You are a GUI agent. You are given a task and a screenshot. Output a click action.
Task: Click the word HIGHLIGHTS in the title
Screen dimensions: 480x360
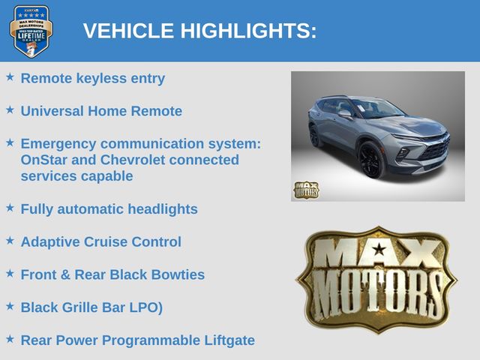point(248,31)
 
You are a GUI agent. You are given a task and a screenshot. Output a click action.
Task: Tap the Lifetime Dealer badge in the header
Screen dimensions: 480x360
point(31,31)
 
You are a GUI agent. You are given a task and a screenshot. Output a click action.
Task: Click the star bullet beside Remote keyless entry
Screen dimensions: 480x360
point(10,76)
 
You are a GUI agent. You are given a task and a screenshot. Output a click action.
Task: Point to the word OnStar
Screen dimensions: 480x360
point(43,160)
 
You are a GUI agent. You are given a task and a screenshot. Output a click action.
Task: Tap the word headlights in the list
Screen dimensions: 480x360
point(163,209)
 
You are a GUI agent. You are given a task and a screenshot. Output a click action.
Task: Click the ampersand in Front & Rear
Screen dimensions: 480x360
point(65,274)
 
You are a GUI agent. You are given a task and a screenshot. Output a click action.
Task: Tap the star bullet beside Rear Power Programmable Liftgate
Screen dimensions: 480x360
point(10,339)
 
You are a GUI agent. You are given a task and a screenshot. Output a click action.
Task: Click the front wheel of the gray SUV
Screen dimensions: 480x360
point(371,160)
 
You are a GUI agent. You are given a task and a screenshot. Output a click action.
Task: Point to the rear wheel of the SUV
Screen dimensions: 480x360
point(315,136)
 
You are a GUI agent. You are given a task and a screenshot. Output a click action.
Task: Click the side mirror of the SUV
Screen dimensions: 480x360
point(345,115)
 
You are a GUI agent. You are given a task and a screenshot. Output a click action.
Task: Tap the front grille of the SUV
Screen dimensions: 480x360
point(435,149)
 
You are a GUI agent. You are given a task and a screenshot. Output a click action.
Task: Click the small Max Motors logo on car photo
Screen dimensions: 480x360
point(307,190)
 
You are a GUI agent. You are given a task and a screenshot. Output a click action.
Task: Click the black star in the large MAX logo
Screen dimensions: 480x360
point(379,249)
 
